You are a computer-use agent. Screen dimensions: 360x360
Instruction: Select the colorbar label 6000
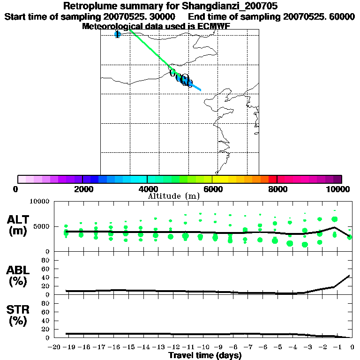212,189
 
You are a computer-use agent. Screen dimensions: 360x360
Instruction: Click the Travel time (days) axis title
205,355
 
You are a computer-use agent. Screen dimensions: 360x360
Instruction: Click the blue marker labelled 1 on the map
117,34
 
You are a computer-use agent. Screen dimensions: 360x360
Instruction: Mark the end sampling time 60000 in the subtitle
341,16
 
